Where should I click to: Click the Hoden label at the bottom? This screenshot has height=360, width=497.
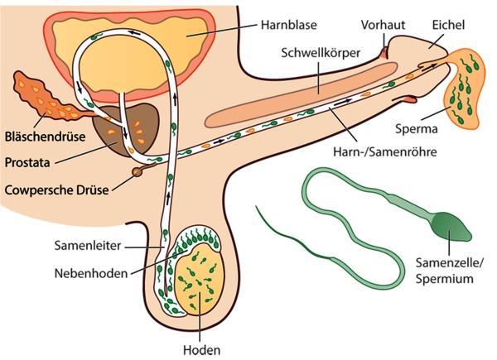point(203,350)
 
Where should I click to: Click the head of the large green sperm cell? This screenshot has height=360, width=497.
point(447,223)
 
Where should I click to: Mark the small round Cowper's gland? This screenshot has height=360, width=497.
point(137,172)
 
